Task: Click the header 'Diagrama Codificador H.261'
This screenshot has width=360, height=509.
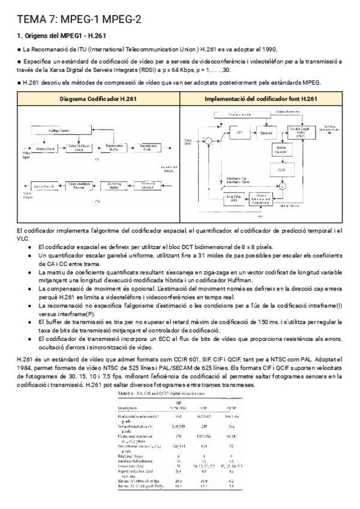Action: coord(92,98)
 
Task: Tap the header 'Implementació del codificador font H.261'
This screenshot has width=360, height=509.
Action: coord(260,98)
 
